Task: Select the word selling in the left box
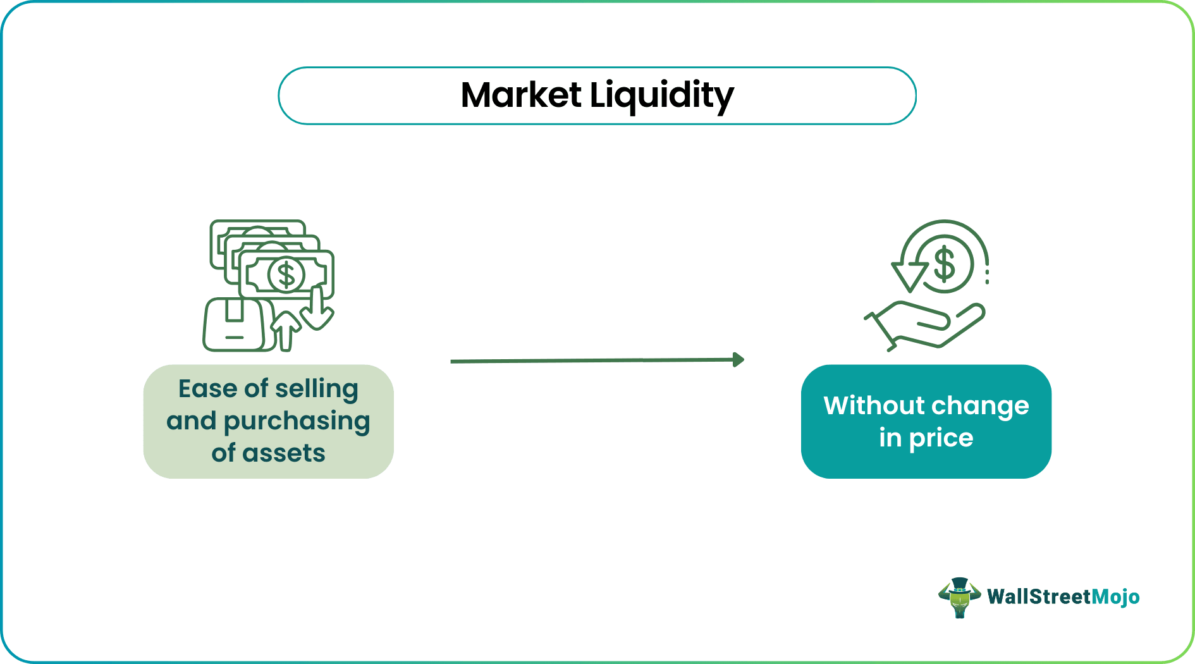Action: coord(321,390)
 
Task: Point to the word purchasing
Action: coord(297,422)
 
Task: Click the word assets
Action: coord(284,453)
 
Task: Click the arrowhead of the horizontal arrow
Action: coord(738,360)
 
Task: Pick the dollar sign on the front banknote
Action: coord(286,275)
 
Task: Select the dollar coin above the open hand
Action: coord(945,264)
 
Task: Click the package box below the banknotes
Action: coord(234,324)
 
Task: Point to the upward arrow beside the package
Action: coord(286,329)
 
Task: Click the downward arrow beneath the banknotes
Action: coord(316,310)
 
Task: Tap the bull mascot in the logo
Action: coord(959,597)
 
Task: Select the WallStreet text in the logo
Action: coord(1039,597)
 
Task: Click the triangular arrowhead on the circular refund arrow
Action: coord(909,275)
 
